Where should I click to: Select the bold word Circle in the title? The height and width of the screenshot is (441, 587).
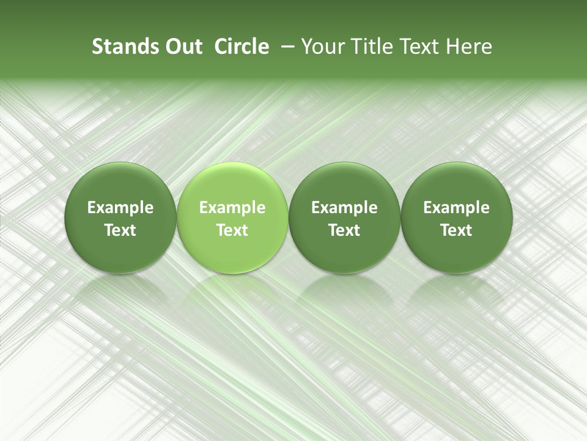point(242,47)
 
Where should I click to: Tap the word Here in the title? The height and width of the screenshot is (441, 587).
point(468,47)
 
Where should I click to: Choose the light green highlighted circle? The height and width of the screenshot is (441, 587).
point(232,218)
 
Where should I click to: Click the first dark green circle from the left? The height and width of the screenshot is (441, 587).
point(120,218)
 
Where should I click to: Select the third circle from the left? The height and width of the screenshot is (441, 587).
point(344,218)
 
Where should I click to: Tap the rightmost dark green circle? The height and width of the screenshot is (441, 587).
point(457,218)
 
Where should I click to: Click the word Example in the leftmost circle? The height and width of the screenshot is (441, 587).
point(120,208)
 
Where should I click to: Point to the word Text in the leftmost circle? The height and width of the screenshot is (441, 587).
point(120,230)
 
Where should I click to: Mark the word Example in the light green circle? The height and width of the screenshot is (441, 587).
point(232,208)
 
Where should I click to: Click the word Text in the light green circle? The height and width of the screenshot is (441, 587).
point(232,230)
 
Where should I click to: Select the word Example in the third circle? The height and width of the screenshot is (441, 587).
point(344,208)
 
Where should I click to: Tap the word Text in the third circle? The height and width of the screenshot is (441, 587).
point(344,230)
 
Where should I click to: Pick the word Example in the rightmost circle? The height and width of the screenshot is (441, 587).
point(457,208)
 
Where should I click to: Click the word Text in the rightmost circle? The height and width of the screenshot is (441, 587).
point(457,230)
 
